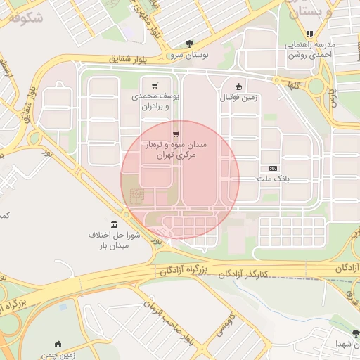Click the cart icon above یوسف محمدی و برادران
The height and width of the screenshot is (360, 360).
(x=155, y=85)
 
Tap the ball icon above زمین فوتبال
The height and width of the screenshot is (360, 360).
(x=239, y=86)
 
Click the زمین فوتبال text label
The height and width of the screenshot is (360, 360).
(x=239, y=98)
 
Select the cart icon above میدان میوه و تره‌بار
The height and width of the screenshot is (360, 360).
(x=175, y=133)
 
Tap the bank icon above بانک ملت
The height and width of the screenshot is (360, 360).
(x=274, y=168)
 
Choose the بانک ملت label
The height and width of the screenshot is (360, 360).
(x=274, y=180)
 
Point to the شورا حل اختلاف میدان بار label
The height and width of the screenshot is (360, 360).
(x=115, y=240)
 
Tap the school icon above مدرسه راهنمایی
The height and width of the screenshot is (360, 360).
(x=309, y=33)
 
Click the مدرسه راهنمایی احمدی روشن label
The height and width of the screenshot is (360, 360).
(x=310, y=50)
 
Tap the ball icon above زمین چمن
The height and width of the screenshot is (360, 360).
(x=58, y=344)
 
